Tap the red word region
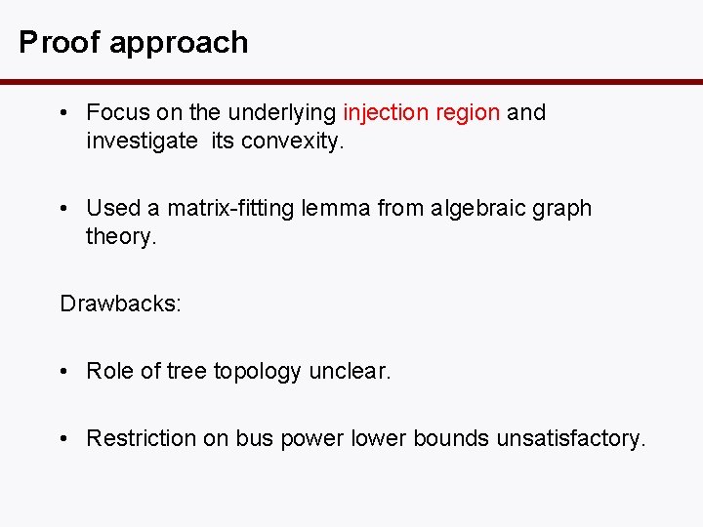[468, 113]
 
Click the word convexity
[292, 141]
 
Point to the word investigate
[142, 141]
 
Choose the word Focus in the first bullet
[114, 112]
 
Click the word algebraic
[472, 208]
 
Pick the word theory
[121, 236]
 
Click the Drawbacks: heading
[120, 304]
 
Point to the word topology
[258, 372]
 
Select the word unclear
[350, 371]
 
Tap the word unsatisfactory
[571, 438]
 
